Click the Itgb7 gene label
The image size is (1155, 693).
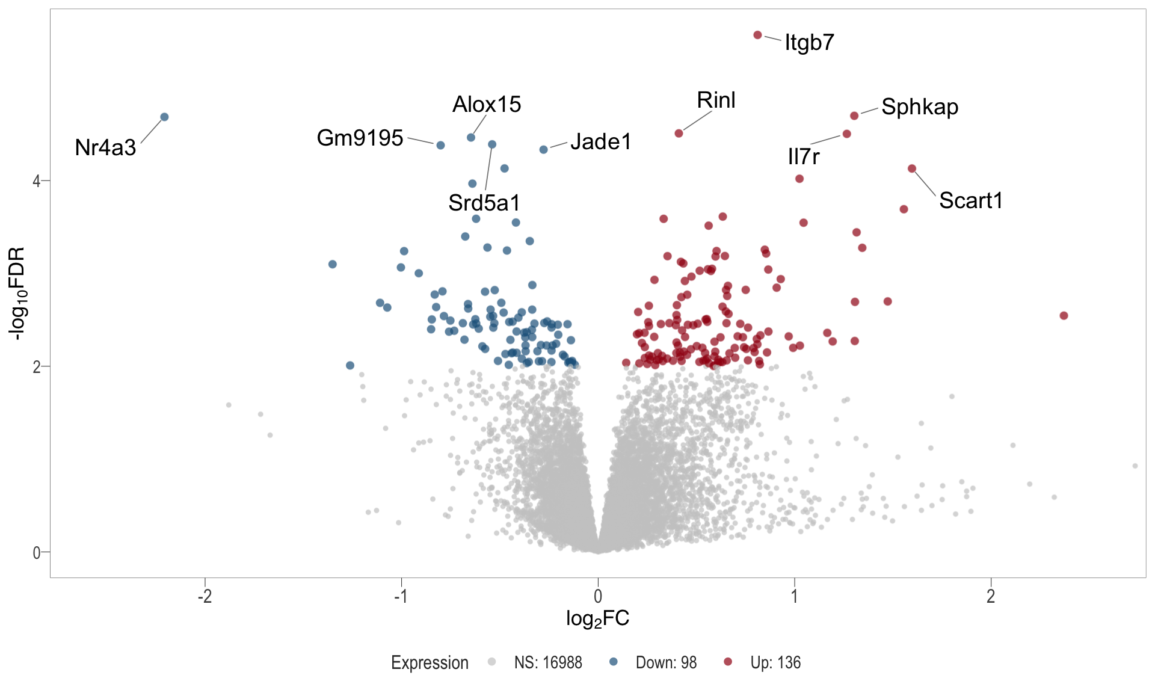pos(809,43)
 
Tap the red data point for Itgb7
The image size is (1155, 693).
pos(758,35)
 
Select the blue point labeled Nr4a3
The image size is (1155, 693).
pos(164,117)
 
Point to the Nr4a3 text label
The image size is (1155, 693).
pos(105,147)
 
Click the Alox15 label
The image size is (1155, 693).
pos(487,105)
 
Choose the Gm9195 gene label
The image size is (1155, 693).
pos(360,138)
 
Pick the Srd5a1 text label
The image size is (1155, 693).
pos(484,203)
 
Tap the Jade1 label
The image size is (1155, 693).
pos(600,142)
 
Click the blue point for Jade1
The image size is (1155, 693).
pos(544,149)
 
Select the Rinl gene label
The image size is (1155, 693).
pos(716,100)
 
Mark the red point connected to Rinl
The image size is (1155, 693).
pos(679,133)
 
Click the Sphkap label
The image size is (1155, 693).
pos(920,107)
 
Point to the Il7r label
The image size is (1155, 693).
pos(804,156)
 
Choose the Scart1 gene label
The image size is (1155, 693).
pos(971,200)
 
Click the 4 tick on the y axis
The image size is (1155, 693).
pos(37,180)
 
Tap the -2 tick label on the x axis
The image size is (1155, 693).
pos(205,596)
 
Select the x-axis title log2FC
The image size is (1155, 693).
pos(597,618)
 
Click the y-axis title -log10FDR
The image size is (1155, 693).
pos(17,293)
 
